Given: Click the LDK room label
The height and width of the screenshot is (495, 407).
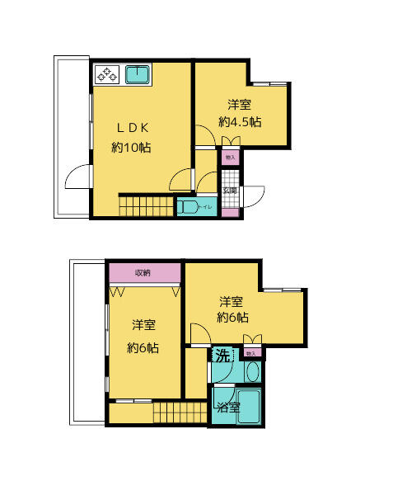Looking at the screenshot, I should [133, 128].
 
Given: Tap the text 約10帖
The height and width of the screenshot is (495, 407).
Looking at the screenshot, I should [132, 148].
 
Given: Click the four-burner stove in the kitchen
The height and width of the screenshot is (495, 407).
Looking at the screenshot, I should [108, 76].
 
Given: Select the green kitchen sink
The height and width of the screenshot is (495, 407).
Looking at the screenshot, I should [136, 76].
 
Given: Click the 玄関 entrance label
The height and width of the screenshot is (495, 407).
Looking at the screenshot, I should [231, 191].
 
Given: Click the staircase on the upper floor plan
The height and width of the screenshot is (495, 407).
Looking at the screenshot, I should [147, 205].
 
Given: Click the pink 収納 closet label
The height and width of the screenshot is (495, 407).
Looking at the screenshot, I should [143, 272].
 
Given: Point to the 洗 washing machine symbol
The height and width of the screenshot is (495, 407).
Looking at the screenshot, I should [222, 356].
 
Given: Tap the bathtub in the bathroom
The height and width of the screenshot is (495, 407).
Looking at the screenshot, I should [250, 406].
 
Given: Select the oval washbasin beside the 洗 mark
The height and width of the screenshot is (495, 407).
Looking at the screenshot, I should [252, 372].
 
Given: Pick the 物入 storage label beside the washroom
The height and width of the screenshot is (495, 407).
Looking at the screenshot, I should [250, 353].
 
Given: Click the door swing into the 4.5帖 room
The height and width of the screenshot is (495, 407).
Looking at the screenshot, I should [203, 134].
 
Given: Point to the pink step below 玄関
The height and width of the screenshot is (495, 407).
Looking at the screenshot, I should [231, 213].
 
